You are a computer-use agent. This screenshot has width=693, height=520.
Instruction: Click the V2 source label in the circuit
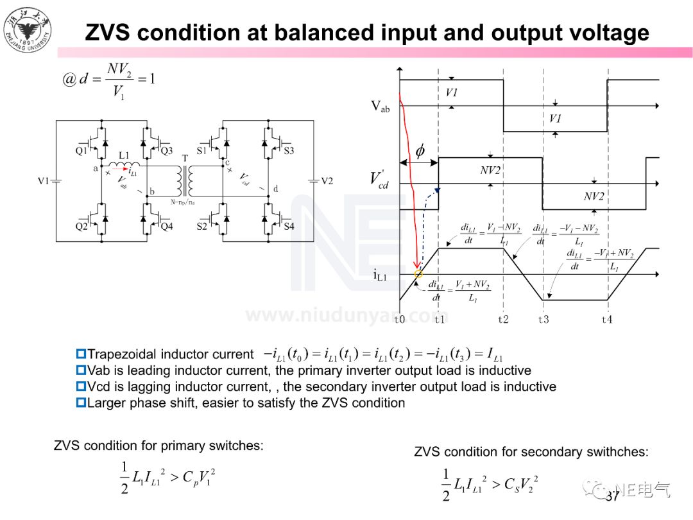(327, 181)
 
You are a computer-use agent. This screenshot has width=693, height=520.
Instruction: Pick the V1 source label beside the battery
(43, 181)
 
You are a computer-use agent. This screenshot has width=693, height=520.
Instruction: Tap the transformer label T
(185, 158)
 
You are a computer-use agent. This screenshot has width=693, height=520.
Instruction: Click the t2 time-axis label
(502, 319)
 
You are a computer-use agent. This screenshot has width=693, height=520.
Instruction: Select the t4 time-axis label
(606, 319)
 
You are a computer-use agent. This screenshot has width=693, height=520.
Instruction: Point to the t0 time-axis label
(400, 319)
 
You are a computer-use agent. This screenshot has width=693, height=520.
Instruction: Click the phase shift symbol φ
(420, 152)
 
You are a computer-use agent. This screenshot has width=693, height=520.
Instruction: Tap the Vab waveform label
(380, 107)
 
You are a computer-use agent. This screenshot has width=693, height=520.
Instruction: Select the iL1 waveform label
(381, 275)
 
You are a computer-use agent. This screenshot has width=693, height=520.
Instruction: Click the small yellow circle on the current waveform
(418, 274)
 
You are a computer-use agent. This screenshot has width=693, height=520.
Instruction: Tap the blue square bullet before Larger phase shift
(81, 403)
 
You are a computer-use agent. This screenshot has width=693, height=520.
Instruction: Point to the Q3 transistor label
(167, 152)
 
